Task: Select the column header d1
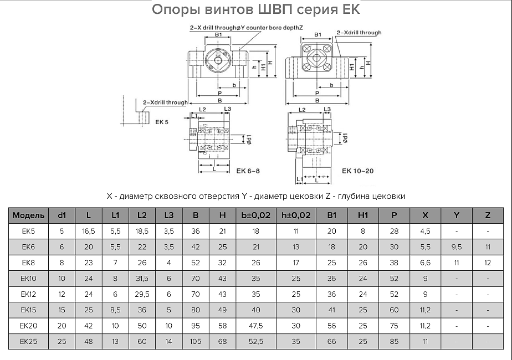coord(62,215)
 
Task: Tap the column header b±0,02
coord(255,215)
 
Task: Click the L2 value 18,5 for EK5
coord(141,231)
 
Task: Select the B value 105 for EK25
coord(196,342)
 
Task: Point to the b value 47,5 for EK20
coord(255,326)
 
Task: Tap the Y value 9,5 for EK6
coord(457,247)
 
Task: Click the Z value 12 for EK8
coord(488,263)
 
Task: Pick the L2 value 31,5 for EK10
coord(141,279)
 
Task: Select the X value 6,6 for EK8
coord(425,263)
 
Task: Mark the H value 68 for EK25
coord(222,342)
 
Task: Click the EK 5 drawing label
coord(162,122)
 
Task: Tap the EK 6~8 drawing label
coord(248,171)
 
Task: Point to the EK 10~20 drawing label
coord(357,171)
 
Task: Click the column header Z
coord(488,215)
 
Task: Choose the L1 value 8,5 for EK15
coord(115,310)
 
